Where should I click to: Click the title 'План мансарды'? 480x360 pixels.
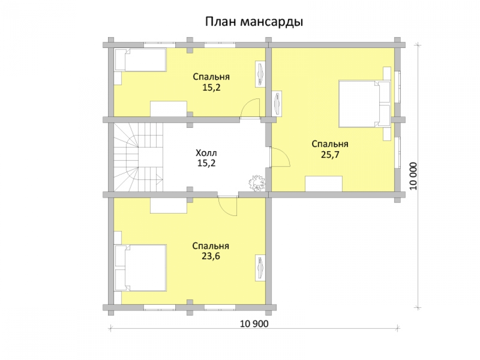pyautogui.click(x=254, y=22)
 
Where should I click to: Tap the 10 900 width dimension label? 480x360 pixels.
pyautogui.click(x=254, y=324)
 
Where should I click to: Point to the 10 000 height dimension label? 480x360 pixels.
pyautogui.click(x=413, y=176)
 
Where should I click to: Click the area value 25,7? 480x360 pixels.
pyautogui.click(x=330, y=155)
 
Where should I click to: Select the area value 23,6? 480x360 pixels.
pyautogui.click(x=211, y=256)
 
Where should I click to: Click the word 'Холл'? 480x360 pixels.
pyautogui.click(x=206, y=153)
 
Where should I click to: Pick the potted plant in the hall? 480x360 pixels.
pyautogui.click(x=256, y=183)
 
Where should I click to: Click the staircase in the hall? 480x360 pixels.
pyautogui.click(x=138, y=157)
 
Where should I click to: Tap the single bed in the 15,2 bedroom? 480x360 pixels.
pyautogui.click(x=141, y=60)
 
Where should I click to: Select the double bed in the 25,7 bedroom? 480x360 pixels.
pyautogui.click(x=365, y=104)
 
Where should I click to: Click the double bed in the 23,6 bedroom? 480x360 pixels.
pyautogui.click(x=141, y=267)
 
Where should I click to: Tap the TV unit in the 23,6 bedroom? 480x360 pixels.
pyautogui.click(x=261, y=267)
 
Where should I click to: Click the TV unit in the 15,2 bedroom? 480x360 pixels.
pyautogui.click(x=261, y=74)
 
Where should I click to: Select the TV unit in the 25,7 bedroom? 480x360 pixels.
pyautogui.click(x=277, y=104)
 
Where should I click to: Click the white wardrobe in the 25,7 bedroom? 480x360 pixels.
pyautogui.click(x=324, y=184)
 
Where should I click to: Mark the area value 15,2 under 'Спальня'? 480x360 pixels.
pyautogui.click(x=211, y=87)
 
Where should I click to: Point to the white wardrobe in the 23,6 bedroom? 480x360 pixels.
pyautogui.click(x=168, y=205)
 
